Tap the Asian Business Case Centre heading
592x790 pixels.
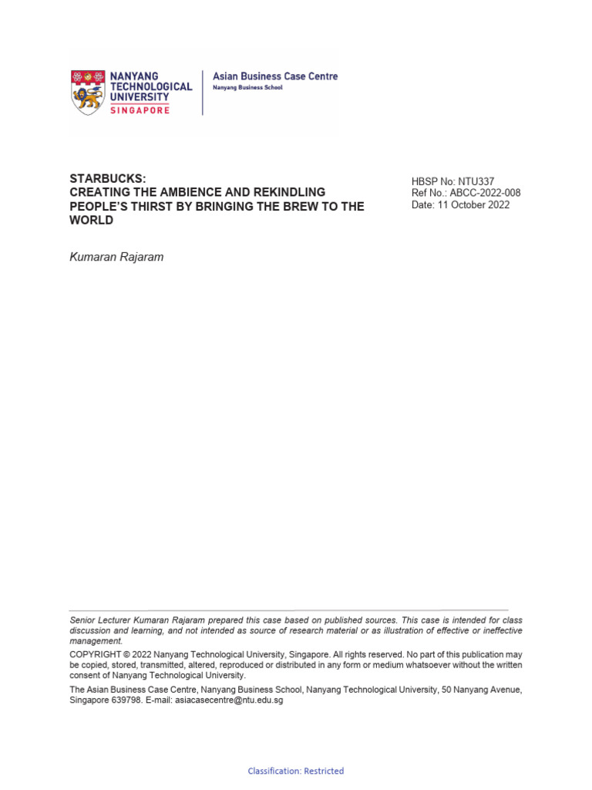[274, 76]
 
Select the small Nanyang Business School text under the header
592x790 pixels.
[247, 88]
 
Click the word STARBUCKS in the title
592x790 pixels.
[107, 178]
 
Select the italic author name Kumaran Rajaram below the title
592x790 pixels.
[116, 257]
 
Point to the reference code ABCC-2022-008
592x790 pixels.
[486, 194]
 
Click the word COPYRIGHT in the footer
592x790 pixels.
[96, 654]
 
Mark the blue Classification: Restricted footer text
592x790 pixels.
[296, 771]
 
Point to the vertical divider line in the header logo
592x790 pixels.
[203, 93]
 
